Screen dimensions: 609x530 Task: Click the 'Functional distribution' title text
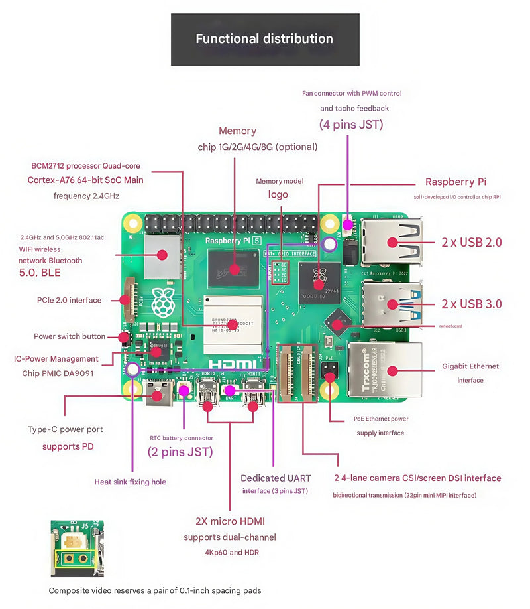coord(264,38)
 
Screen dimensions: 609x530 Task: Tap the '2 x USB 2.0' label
coord(472,243)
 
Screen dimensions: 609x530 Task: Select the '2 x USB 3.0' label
coord(472,304)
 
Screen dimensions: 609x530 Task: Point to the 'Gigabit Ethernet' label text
coord(470,366)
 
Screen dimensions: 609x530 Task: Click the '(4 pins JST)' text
coord(351,124)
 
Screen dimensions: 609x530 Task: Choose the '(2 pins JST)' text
coord(180,452)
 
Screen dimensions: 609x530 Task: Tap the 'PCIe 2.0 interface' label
coord(69,300)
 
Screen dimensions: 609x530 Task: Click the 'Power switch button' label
coord(70,336)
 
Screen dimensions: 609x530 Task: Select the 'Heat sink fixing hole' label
coord(131,482)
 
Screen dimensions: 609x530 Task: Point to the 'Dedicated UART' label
coord(275,478)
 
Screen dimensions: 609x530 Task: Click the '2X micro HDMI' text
coord(230,521)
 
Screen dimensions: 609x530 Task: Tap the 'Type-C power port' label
coord(66,429)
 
